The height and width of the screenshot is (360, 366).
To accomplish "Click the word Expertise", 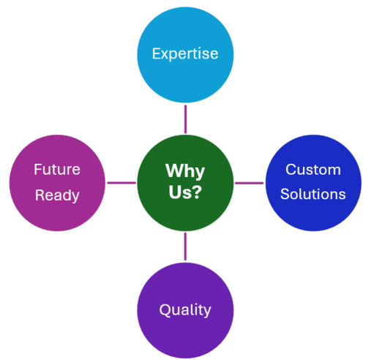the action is (x=185, y=54).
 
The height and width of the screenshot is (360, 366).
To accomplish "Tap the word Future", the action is (x=57, y=169).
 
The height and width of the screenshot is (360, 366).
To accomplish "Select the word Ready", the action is (x=57, y=195).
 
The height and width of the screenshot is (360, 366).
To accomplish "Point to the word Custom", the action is (x=313, y=169).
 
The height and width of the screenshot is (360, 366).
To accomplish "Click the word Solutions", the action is (x=313, y=194).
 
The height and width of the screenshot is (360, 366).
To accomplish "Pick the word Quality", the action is (x=185, y=310).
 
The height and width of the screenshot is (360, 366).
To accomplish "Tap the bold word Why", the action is (x=185, y=171).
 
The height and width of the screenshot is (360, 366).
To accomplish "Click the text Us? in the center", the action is (x=185, y=192).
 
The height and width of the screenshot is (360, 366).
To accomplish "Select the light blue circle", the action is (x=185, y=55).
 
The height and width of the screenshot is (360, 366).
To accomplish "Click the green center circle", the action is (x=185, y=183).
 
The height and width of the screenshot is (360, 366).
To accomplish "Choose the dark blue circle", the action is (x=313, y=183).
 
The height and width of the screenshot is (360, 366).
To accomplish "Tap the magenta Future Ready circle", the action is (x=57, y=183).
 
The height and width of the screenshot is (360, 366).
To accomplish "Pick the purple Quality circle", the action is (x=185, y=311).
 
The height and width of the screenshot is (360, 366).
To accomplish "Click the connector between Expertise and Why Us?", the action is (x=185, y=119).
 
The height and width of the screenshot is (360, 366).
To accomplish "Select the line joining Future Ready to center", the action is (x=122, y=183).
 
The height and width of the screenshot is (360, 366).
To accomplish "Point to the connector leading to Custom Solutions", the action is (x=249, y=183).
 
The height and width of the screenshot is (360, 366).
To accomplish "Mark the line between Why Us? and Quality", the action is (x=185, y=247).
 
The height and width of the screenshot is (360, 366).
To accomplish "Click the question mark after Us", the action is (x=197, y=192).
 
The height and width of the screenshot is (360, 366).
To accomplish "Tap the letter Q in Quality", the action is (x=165, y=310).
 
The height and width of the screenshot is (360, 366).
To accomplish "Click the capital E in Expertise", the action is (x=157, y=53).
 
